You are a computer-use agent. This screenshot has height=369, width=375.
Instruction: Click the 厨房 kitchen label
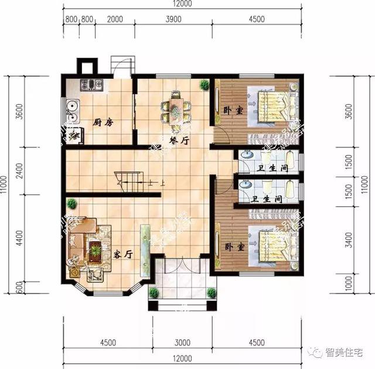click(103, 122)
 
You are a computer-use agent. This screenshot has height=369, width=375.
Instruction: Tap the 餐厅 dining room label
click(178, 140)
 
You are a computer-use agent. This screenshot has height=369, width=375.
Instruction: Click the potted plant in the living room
click(71, 204)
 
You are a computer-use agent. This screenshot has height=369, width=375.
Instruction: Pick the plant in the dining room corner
click(204, 85)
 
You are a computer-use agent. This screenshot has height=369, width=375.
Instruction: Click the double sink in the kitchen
click(72, 108)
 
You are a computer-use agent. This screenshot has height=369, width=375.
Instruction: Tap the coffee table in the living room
click(94, 251)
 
